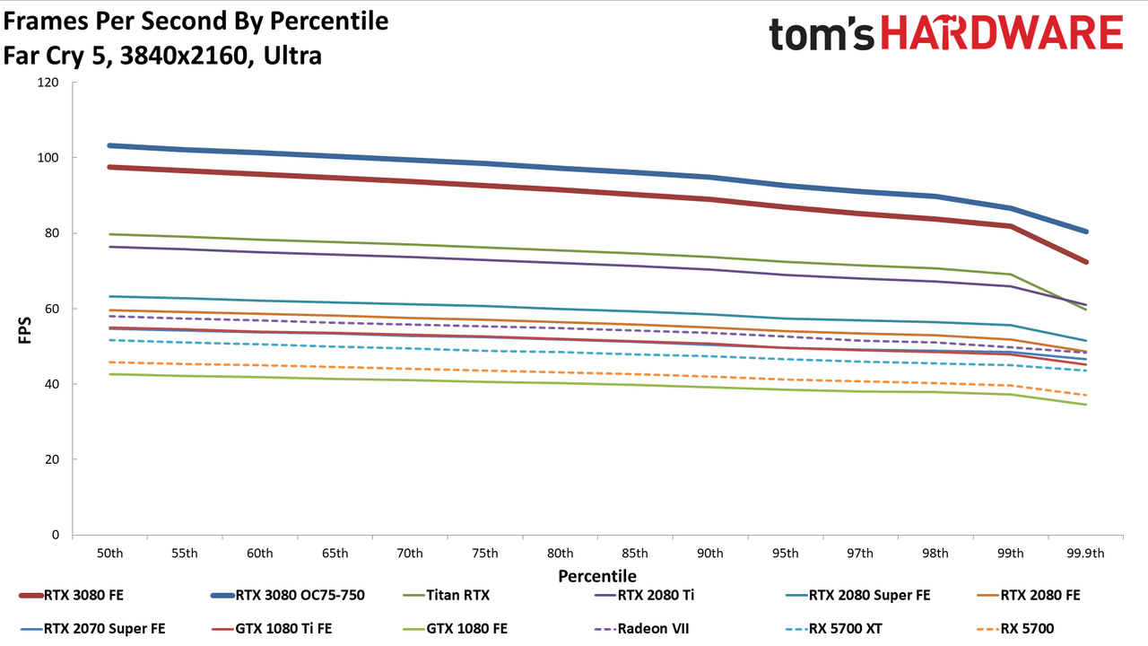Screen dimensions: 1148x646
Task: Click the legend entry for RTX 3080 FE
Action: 72,595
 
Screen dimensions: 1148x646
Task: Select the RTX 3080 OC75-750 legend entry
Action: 288,595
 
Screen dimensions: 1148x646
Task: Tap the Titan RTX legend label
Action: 457,595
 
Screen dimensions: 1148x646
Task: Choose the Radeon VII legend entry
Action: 641,629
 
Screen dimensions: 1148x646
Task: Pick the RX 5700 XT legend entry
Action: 834,629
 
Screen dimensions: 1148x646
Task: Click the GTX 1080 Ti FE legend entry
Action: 272,629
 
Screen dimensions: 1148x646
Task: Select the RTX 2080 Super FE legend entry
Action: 858,595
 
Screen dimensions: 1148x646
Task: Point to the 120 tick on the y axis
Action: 48,82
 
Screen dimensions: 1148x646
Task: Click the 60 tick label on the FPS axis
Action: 52,309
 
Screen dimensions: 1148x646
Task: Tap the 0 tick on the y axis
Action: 56,535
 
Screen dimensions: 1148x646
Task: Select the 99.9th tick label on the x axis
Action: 1085,554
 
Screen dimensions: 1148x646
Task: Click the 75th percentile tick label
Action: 485,554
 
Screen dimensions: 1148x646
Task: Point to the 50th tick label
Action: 109,554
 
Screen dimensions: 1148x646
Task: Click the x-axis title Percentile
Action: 597,576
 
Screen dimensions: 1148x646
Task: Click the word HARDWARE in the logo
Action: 1002,32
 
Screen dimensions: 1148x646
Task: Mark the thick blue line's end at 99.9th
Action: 1085,231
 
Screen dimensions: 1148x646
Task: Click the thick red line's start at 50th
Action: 109,167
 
